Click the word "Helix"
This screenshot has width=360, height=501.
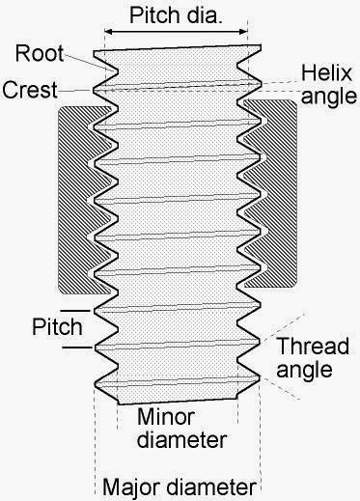[x=321, y=72]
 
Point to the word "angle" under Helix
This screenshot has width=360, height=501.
[x=321, y=95]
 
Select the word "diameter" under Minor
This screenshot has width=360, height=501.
[x=180, y=440]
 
